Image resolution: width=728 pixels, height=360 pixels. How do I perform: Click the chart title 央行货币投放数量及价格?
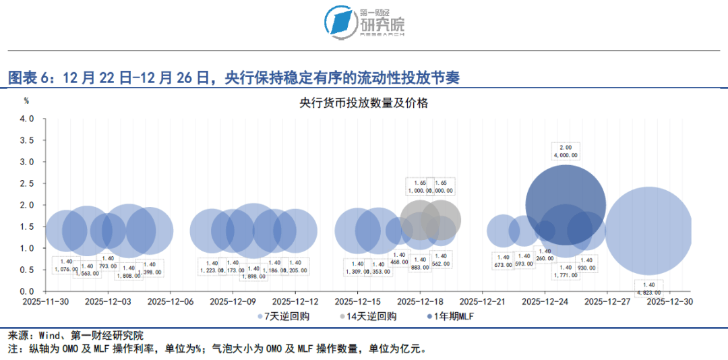click(364, 103)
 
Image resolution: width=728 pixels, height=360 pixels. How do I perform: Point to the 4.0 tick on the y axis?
click(26, 119)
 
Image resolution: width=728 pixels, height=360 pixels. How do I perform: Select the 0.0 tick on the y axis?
click(26, 291)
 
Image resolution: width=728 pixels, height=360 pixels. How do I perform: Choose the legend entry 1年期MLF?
click(454, 316)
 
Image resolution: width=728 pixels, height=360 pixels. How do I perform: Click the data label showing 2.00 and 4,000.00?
click(565, 151)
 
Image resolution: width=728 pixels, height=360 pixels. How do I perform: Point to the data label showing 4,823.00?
click(648, 289)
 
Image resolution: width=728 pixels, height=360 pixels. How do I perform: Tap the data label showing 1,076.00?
click(66, 266)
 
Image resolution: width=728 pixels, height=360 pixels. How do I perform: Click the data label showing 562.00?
click(441, 260)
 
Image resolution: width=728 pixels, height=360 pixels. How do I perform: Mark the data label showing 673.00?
click(503, 260)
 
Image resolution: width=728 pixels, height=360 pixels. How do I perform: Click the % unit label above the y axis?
click(26, 100)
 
